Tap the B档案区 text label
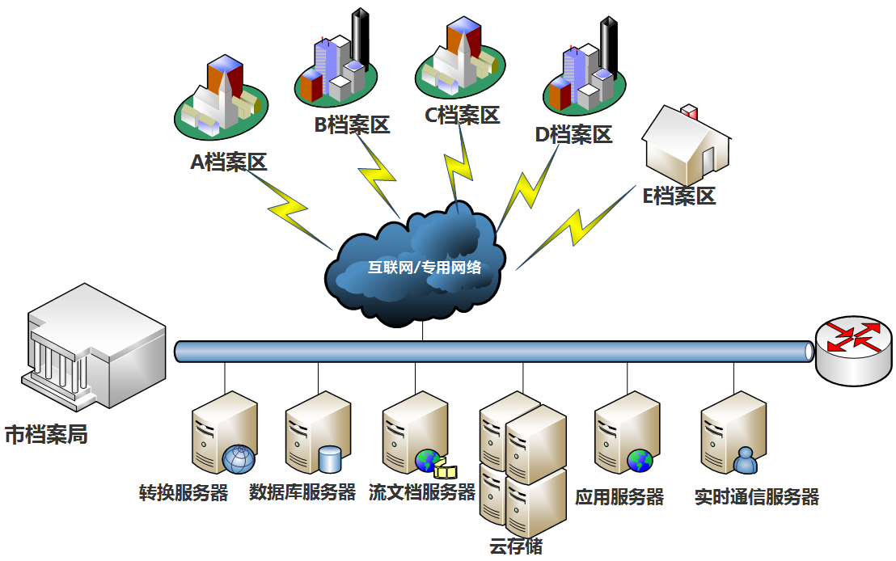(x=352, y=125)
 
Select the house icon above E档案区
(x=687, y=146)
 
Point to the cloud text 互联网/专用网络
(x=425, y=267)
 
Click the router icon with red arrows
(x=854, y=348)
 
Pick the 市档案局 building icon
(x=93, y=344)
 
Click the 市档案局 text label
(x=46, y=435)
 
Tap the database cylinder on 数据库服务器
(x=330, y=459)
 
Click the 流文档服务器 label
(x=421, y=492)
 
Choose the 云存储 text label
(x=516, y=546)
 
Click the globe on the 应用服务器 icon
(x=640, y=461)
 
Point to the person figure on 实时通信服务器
(x=746, y=460)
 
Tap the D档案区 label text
(x=573, y=134)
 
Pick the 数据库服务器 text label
(x=302, y=492)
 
